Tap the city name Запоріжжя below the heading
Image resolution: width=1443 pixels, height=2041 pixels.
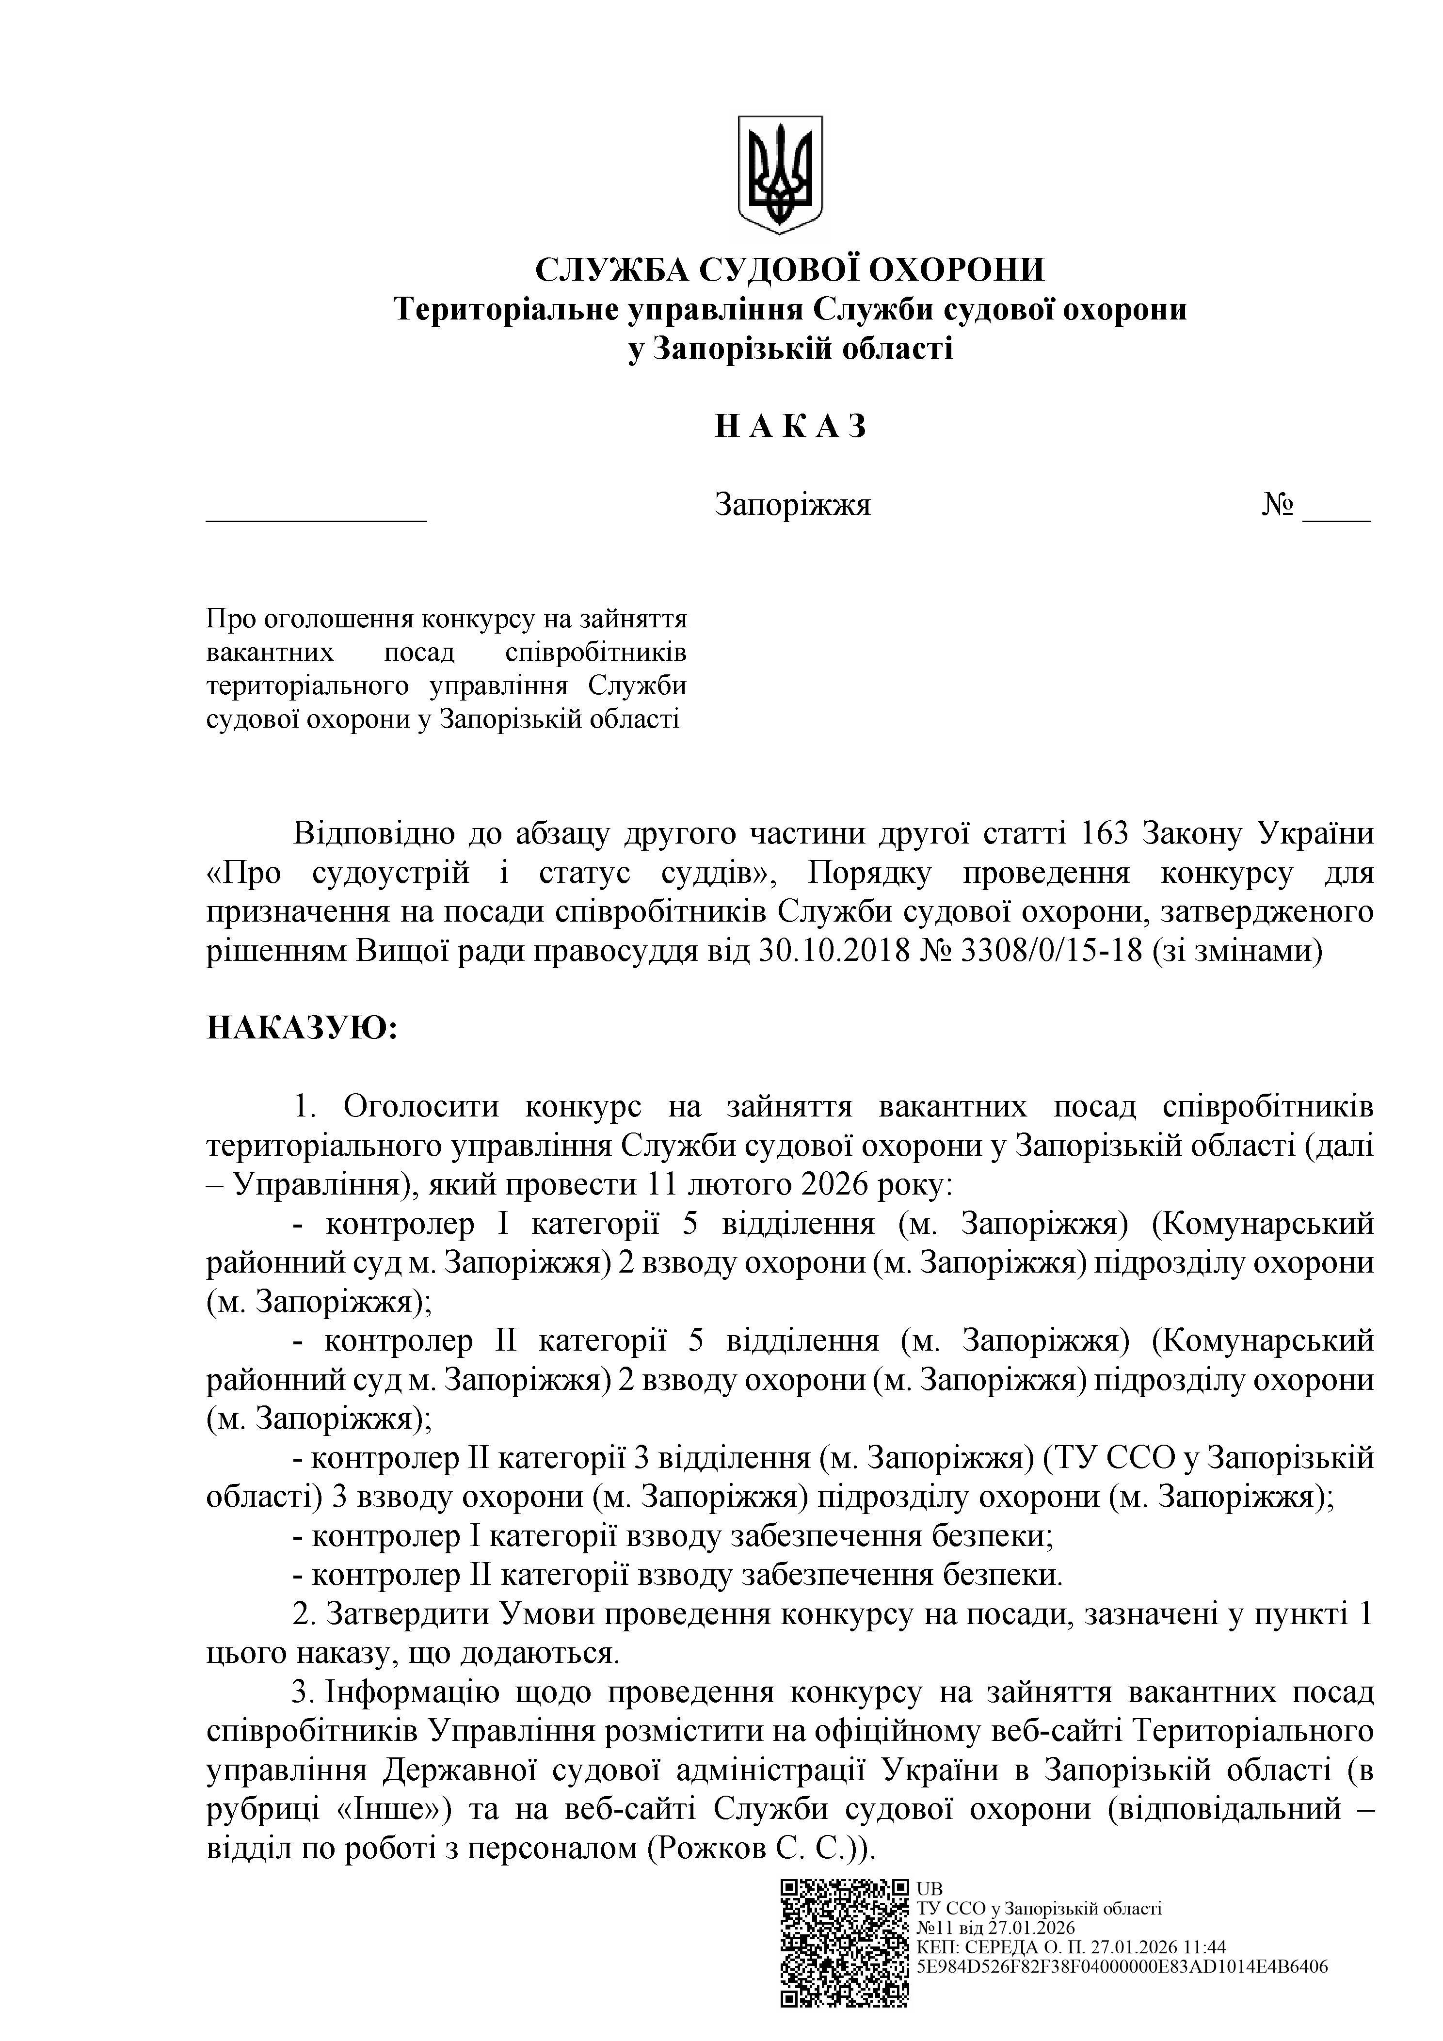[x=792, y=505]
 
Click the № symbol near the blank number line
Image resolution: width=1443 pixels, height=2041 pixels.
[x=1278, y=505]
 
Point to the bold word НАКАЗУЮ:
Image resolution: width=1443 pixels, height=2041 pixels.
[x=302, y=1029]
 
